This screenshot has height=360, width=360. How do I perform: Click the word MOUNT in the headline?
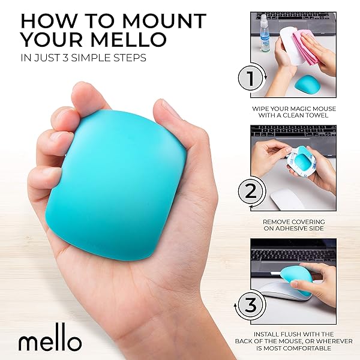tap(166, 21)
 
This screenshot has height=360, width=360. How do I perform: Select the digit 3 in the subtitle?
tap(65, 58)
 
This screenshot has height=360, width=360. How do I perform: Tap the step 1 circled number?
tap(250, 79)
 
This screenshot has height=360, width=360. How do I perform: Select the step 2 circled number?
tap(250, 191)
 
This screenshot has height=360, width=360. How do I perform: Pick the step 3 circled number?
tap(250, 304)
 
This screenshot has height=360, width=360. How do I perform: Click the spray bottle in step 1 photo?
tap(265, 33)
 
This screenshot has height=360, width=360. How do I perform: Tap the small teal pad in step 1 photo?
tap(306, 83)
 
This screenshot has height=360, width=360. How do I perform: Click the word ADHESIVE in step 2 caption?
tap(292, 229)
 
